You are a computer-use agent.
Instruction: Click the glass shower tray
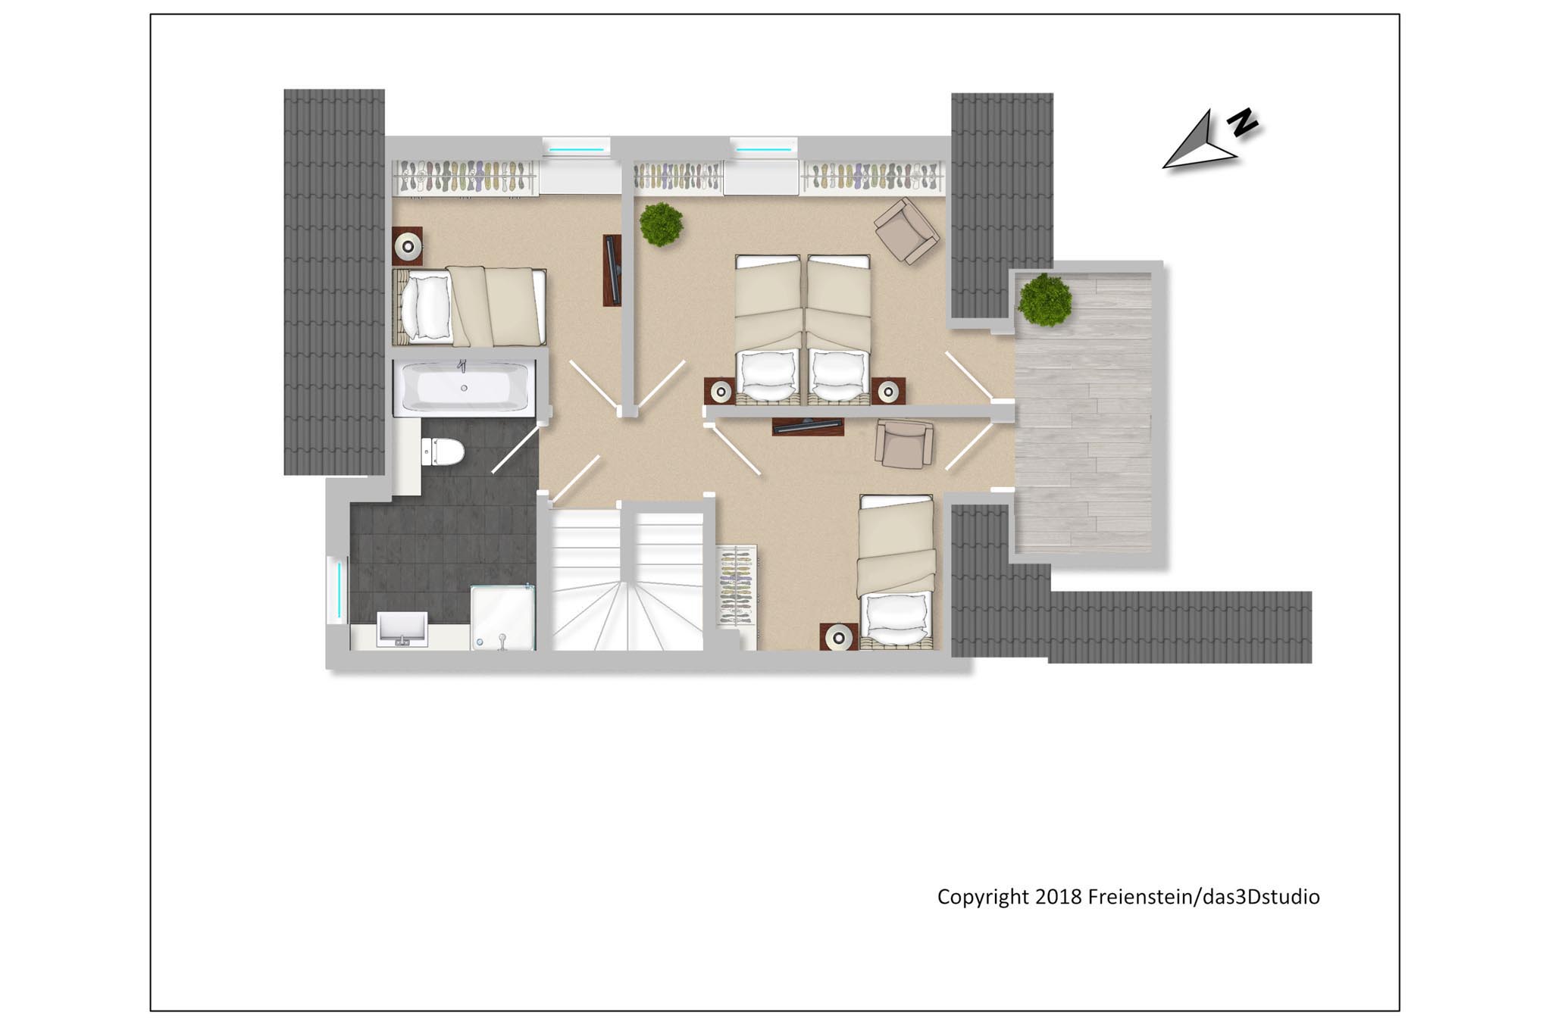point(502,617)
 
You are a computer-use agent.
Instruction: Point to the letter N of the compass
point(1242,122)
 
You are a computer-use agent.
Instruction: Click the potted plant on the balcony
point(1044,300)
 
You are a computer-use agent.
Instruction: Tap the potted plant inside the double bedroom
point(661,224)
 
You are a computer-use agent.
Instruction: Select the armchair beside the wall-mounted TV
point(903,444)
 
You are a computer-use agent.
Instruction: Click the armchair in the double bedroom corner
point(907,231)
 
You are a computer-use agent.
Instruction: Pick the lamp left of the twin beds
point(721,392)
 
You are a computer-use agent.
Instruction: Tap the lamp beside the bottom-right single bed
point(838,638)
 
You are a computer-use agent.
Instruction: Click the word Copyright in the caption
point(983,897)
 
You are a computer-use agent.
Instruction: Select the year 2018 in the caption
point(1059,897)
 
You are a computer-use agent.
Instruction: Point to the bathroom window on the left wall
point(333,589)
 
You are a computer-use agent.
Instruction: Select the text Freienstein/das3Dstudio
point(1203,897)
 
